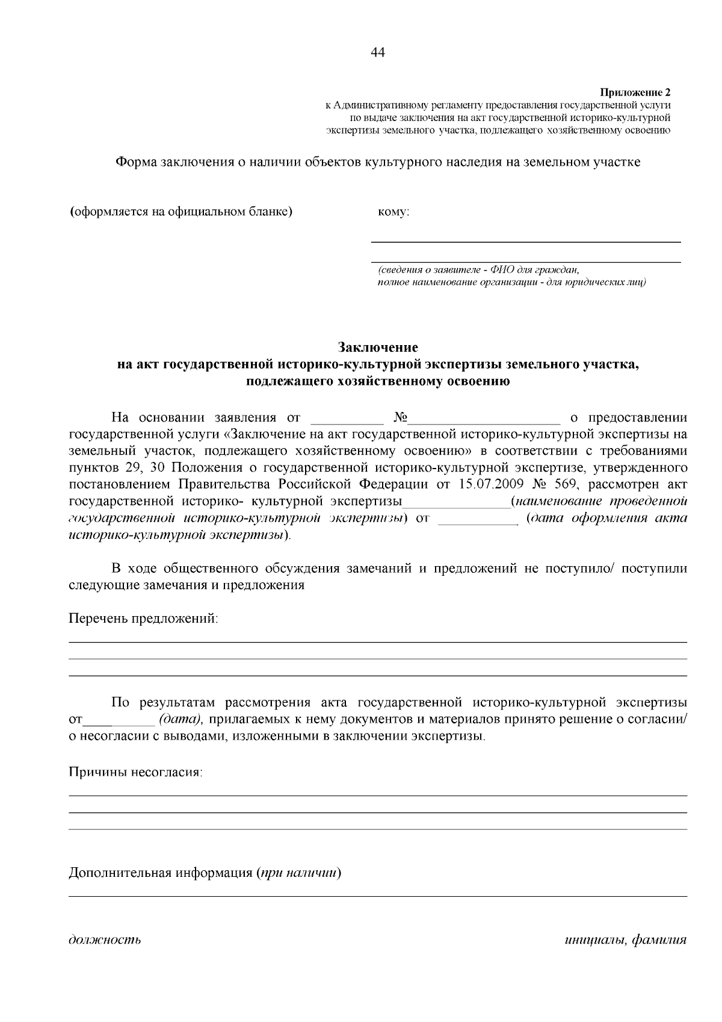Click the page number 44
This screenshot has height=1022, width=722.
point(378,52)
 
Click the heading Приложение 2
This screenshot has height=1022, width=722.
point(635,93)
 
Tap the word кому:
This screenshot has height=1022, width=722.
point(393,212)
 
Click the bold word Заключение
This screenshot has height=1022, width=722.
point(377,347)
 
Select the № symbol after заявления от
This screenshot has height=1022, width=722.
point(401,417)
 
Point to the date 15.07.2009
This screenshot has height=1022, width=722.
point(493,484)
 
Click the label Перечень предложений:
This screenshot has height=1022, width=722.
point(143,618)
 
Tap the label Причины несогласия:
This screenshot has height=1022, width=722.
point(135,772)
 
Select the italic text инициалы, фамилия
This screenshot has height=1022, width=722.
point(626,939)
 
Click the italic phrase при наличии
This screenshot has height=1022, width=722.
point(298,873)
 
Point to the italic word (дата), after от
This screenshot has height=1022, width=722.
point(181,720)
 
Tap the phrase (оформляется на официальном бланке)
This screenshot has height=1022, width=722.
point(181,212)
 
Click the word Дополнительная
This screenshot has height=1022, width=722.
point(120,873)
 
